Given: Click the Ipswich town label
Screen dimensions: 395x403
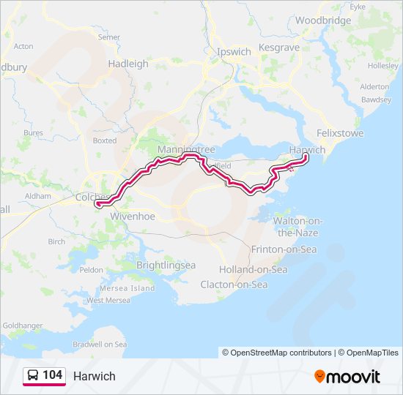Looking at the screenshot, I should pyautogui.click(x=234, y=52).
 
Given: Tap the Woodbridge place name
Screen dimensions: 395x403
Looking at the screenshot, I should pyautogui.click(x=323, y=20).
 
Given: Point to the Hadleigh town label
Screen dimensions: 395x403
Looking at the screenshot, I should pyautogui.click(x=128, y=64).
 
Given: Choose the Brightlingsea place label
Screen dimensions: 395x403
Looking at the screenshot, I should pyautogui.click(x=165, y=264).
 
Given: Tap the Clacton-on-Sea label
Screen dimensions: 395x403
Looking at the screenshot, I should pyautogui.click(x=234, y=284).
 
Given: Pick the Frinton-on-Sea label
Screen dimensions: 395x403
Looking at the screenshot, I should pyautogui.click(x=284, y=249).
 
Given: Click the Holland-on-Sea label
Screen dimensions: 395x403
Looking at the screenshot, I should pyautogui.click(x=253, y=269).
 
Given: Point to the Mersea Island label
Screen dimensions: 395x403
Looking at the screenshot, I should pyautogui.click(x=132, y=288).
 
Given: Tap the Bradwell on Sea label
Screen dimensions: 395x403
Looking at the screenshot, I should pyautogui.click(x=100, y=344).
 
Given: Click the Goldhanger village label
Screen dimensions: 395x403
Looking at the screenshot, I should pyautogui.click(x=23, y=324).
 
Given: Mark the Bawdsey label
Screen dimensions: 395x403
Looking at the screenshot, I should pyautogui.click(x=376, y=99).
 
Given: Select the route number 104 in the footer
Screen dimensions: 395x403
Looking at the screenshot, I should pyautogui.click(x=52, y=375).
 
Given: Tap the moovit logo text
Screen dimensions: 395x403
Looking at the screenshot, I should pyautogui.click(x=355, y=377).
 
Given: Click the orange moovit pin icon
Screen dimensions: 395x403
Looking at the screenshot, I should pyautogui.click(x=319, y=376).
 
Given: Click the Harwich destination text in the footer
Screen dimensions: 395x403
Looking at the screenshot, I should pyautogui.click(x=94, y=376).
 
